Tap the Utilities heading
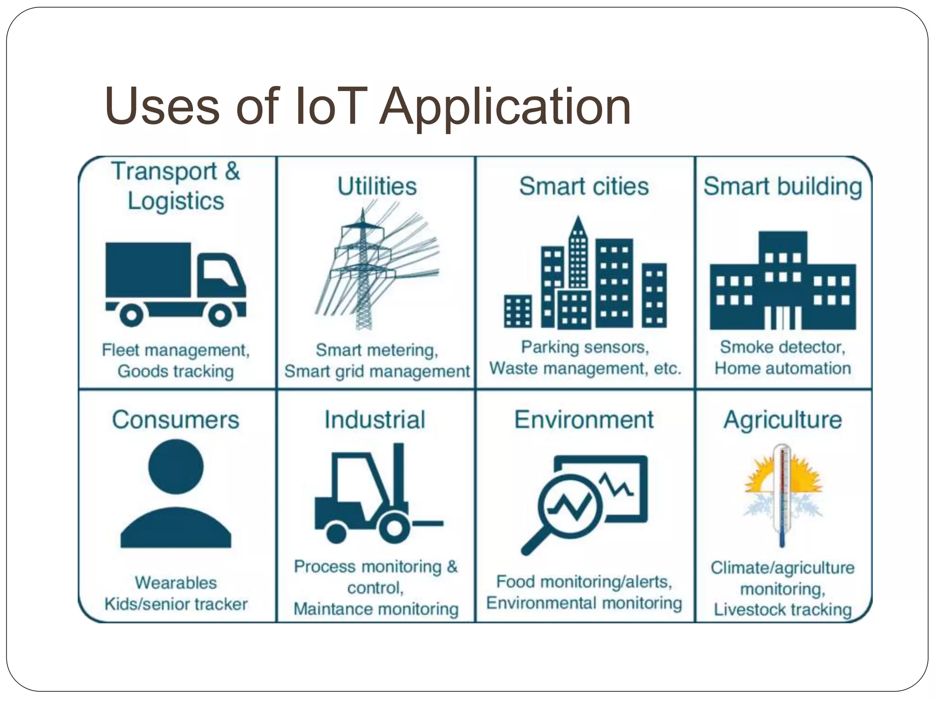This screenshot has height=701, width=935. pyautogui.click(x=377, y=186)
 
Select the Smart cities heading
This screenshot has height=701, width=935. pyautogui.click(x=584, y=186)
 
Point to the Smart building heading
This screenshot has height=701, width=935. pyautogui.click(x=783, y=186)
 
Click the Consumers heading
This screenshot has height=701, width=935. pyautogui.click(x=176, y=419)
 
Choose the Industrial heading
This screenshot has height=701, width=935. pyautogui.click(x=375, y=419)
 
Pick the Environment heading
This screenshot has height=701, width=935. pyautogui.click(x=584, y=419)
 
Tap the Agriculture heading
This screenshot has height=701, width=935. pyautogui.click(x=783, y=419)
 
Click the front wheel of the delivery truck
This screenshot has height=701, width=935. pyautogui.click(x=220, y=314)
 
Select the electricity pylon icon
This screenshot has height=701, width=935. pyautogui.click(x=363, y=269)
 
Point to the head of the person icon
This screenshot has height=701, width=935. pyautogui.click(x=176, y=466)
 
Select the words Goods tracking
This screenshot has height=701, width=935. pyautogui.click(x=176, y=371)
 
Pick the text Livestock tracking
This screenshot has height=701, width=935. pyautogui.click(x=783, y=610)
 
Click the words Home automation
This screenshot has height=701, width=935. pyautogui.click(x=783, y=368)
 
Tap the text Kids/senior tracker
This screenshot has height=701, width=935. pyautogui.click(x=176, y=604)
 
